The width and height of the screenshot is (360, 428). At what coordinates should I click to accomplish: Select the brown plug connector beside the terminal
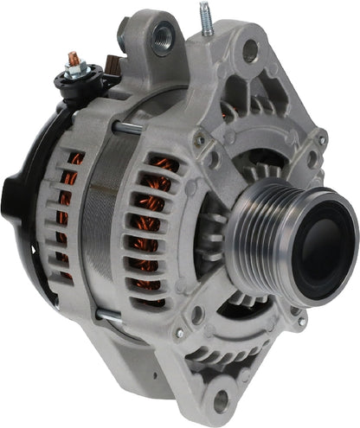pyautogui.click(x=111, y=62)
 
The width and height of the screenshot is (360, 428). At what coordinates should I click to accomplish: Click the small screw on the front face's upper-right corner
pyautogui.click(x=321, y=139)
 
